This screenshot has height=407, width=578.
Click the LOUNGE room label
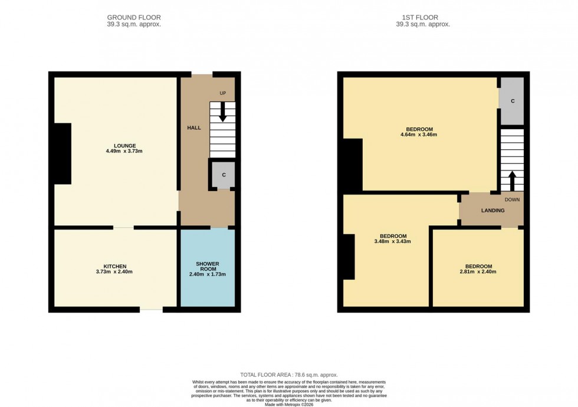click(x=125, y=146)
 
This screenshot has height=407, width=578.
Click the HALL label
click(x=194, y=128)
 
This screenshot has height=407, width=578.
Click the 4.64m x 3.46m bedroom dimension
click(x=419, y=135)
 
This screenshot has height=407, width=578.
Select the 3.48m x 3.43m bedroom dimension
click(x=392, y=241)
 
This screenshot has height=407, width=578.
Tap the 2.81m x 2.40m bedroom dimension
click(x=478, y=272)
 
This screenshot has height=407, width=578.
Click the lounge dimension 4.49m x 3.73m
click(x=125, y=152)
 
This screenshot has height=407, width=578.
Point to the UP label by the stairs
click(x=222, y=94)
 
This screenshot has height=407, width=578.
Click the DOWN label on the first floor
click(x=512, y=199)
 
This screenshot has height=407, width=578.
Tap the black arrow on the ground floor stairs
click(x=222, y=112)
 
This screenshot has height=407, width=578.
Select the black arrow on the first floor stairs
click(x=511, y=180)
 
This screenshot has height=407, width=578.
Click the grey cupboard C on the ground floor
click(x=224, y=175)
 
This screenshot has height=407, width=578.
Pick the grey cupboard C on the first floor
click(x=512, y=101)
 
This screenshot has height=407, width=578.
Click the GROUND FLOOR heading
click(x=134, y=18)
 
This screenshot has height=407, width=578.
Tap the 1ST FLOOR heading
click(x=423, y=18)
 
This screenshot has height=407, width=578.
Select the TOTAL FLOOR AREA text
click(x=288, y=375)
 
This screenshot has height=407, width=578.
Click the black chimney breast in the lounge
click(x=62, y=153)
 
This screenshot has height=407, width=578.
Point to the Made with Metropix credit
click(x=289, y=404)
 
